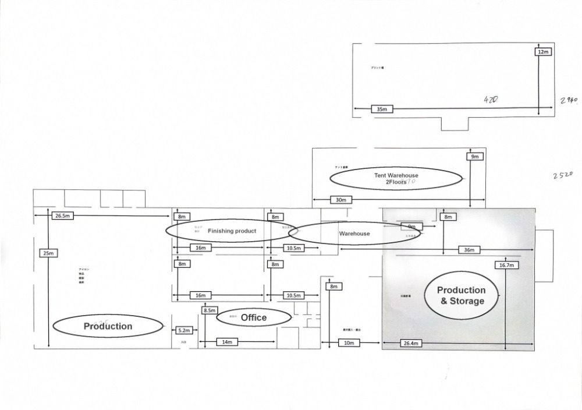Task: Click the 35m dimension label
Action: coord(382,109)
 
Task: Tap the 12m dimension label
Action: coord(543,52)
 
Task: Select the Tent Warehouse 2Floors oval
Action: coord(396,178)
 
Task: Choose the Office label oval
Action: coord(254,317)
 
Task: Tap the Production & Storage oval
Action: coord(462,295)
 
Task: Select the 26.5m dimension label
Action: coord(62,215)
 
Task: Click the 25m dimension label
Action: coord(48,253)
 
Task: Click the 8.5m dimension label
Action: coord(210,310)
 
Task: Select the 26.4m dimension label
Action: coord(411,343)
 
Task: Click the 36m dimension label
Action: coord(470,250)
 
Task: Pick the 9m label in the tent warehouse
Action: coord(474,157)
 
